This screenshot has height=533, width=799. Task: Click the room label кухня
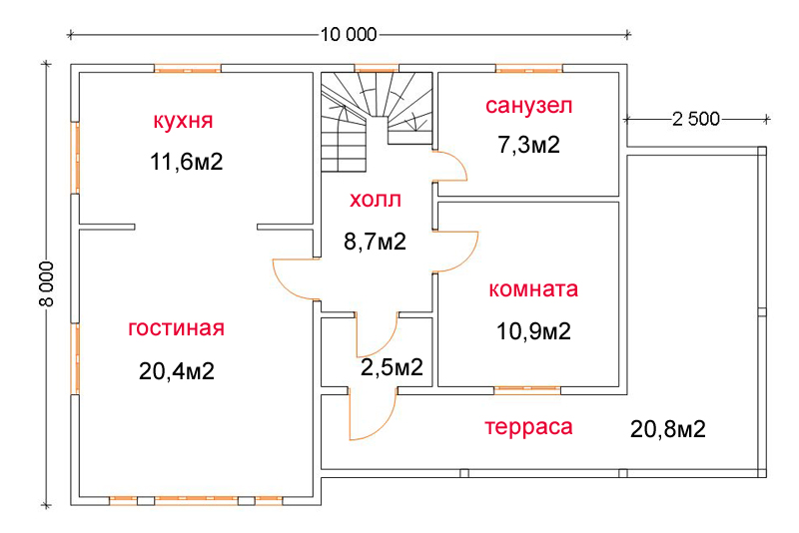183,121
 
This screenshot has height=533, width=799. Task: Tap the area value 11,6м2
187,162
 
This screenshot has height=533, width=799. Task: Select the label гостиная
177,327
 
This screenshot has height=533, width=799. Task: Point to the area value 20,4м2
177,371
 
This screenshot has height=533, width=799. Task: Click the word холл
376,200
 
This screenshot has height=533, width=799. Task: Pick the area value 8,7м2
376,242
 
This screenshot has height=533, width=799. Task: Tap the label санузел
529,106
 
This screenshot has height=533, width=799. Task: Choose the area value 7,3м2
529,145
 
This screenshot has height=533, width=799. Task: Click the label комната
533,289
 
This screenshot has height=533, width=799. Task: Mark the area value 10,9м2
533,331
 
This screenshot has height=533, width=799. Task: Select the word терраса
528,426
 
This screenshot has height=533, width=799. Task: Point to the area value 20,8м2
668,429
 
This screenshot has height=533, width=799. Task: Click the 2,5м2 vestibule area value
392,367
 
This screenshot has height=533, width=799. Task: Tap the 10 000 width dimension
349,35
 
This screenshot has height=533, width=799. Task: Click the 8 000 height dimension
46,284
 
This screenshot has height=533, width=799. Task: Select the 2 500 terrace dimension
696,119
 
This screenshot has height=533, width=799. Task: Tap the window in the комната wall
527,390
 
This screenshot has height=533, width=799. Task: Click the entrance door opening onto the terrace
373,415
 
